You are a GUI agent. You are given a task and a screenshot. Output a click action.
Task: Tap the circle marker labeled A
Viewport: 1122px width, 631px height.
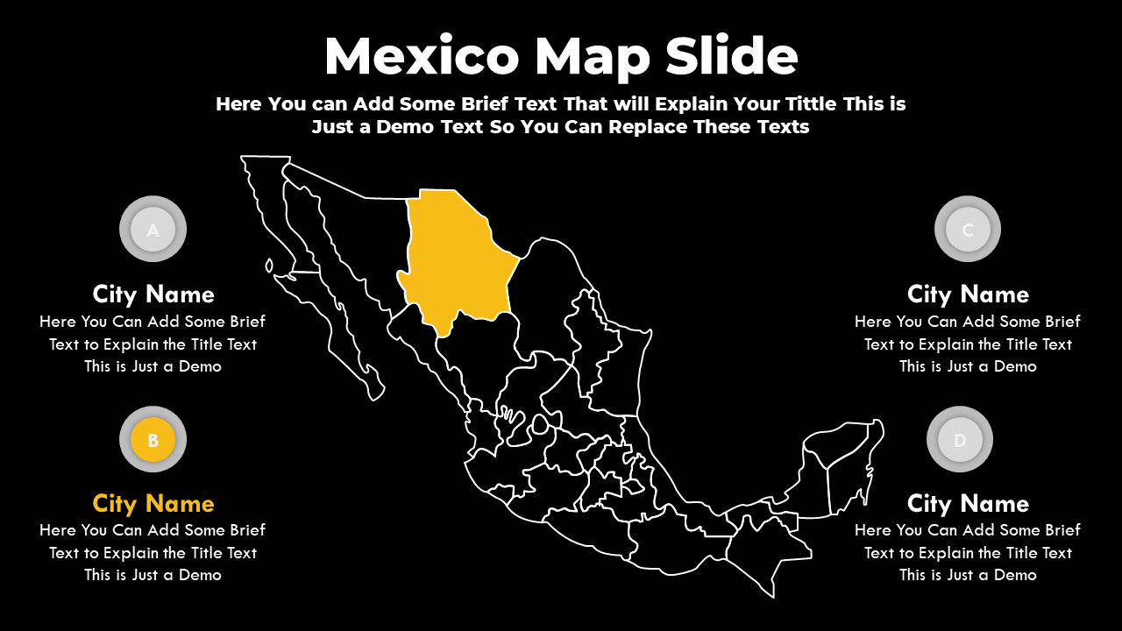pyautogui.click(x=153, y=230)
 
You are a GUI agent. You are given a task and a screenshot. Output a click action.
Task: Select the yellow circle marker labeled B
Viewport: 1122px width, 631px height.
pyautogui.click(x=153, y=440)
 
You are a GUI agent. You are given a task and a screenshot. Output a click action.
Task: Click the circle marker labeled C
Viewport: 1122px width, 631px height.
pyautogui.click(x=968, y=230)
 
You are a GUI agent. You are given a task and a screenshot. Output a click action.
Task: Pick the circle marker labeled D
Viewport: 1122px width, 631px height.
pyautogui.click(x=960, y=440)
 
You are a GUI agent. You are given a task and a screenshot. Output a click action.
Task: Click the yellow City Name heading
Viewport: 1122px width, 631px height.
pyautogui.click(x=153, y=504)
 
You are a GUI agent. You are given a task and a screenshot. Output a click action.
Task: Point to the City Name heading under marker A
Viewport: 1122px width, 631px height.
pyautogui.click(x=153, y=294)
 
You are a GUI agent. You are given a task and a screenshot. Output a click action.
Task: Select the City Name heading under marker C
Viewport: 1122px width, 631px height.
pyautogui.click(x=968, y=294)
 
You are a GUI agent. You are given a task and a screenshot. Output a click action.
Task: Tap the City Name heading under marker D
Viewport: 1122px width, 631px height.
pyautogui.click(x=968, y=504)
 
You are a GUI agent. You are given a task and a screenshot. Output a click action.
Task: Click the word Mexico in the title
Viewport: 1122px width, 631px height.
pyautogui.click(x=422, y=57)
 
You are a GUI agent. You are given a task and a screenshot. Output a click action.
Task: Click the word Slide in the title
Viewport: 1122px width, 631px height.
pyautogui.click(x=731, y=57)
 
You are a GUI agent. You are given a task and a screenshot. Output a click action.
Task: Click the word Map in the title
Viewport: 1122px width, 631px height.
pyautogui.click(x=593, y=57)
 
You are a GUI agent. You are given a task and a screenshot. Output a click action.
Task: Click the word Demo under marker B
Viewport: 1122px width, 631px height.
pyautogui.click(x=200, y=575)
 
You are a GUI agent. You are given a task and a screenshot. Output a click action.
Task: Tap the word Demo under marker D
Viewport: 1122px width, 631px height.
pyautogui.click(x=1015, y=575)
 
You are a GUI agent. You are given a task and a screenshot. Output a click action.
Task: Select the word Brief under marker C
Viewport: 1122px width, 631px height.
pyautogui.click(x=1057, y=322)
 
